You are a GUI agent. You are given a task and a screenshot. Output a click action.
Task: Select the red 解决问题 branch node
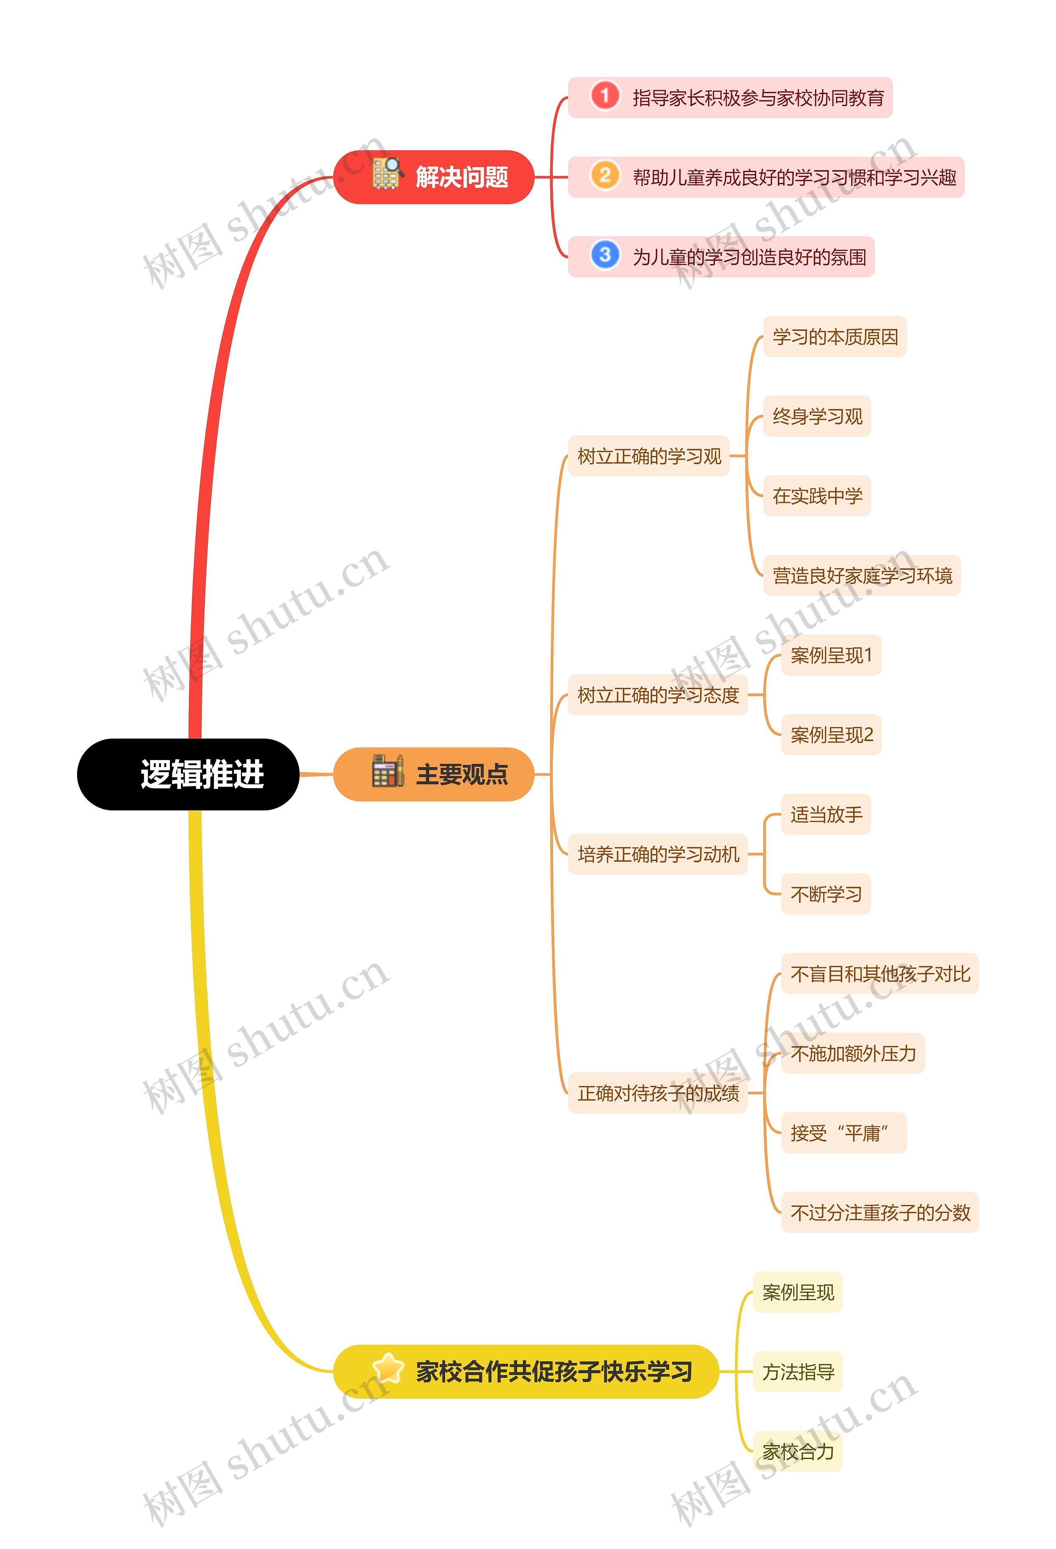tap(434, 177)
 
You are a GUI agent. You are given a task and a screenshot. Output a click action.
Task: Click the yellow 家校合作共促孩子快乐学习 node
tap(526, 1371)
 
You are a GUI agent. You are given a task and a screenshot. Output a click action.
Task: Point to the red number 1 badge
tap(604, 96)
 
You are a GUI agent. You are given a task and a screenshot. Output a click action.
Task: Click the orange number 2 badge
tap(604, 176)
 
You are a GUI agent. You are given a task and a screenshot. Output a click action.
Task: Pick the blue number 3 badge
tap(604, 255)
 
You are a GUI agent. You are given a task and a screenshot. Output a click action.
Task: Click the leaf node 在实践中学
tap(817, 496)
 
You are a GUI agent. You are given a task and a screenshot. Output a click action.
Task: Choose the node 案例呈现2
tap(831, 734)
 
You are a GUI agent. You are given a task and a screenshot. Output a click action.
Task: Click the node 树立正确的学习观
tap(649, 456)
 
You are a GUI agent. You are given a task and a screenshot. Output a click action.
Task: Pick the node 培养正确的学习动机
tap(658, 854)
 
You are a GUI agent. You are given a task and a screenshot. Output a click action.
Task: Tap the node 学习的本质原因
tap(835, 337)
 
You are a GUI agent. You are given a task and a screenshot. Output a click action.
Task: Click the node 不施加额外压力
tap(853, 1053)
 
